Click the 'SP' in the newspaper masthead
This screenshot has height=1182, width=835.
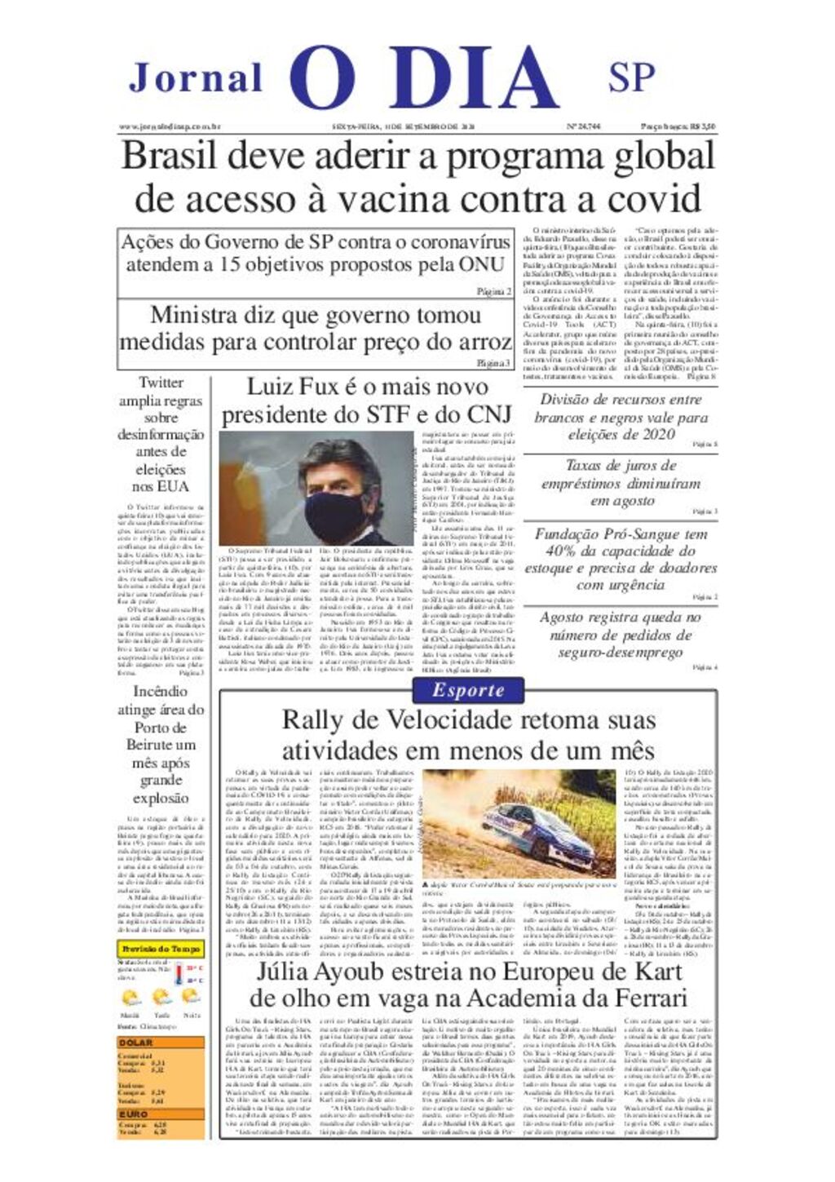click(631, 77)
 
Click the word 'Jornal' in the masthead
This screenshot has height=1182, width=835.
click(196, 78)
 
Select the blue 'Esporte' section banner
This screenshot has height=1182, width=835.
click(468, 691)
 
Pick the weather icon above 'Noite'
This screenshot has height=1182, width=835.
click(191, 996)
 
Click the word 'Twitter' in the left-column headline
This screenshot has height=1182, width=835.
click(161, 383)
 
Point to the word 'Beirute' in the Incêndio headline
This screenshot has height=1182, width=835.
click(149, 745)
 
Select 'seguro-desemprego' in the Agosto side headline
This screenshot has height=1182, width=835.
click(621, 653)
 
